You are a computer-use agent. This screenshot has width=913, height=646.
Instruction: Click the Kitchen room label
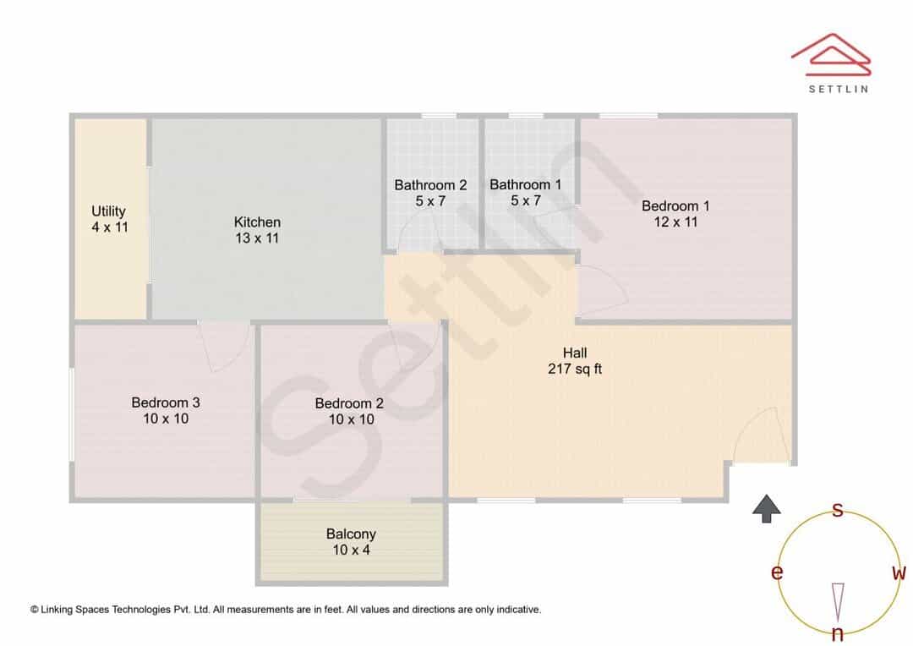pos(257,222)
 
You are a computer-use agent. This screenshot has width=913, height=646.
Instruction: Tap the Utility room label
pos(108,211)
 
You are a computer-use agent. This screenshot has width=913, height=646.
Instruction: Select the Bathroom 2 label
pos(430,185)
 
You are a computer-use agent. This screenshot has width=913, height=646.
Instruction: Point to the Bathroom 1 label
pos(525,184)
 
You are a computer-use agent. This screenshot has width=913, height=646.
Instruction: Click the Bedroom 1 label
pos(675,205)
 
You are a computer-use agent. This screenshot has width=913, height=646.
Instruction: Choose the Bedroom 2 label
pos(349,403)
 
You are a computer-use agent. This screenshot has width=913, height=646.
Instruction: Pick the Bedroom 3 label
pos(166,402)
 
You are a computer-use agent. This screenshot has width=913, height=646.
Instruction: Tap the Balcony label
pos(351,534)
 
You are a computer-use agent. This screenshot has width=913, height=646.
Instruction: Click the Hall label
pos(575,353)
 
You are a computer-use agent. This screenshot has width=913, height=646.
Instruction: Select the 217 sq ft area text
pos(575,369)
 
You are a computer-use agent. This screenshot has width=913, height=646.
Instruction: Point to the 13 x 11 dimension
pos(257,238)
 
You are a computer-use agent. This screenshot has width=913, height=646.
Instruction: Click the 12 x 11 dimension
pos(675,222)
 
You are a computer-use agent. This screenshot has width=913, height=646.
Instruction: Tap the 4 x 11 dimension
pos(109,227)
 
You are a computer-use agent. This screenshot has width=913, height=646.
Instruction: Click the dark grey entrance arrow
pos(766,508)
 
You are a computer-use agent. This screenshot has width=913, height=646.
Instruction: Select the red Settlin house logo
pos(831,55)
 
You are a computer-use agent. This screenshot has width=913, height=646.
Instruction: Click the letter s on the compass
pos(837,510)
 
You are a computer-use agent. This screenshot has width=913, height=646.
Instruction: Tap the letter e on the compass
pos(777,572)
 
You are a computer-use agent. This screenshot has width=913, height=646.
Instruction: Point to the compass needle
pos(838,603)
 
